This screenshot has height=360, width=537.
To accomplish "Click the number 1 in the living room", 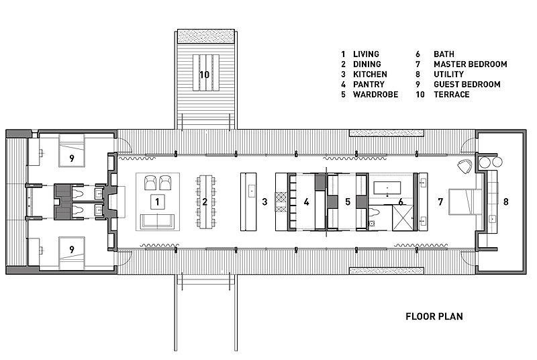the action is click(156, 201).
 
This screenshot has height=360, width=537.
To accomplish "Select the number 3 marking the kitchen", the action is click(265, 201).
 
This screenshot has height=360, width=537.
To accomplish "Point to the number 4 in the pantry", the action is click(306, 201).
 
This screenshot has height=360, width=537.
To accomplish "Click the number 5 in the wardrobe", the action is click(348, 201).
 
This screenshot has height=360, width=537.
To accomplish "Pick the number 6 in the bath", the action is click(401, 201).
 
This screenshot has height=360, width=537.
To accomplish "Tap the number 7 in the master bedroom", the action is click(440, 201).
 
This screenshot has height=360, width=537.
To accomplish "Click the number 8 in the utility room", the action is click(506, 201).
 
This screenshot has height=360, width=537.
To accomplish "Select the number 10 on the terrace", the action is click(205, 73).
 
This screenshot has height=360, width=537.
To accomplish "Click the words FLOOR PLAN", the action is click(434, 316).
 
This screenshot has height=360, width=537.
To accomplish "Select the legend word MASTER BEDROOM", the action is click(470, 64).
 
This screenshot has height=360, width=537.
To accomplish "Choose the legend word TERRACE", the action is click(451, 95).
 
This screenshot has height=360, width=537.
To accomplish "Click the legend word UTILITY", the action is click(448, 75).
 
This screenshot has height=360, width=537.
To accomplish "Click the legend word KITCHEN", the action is click(370, 75).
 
